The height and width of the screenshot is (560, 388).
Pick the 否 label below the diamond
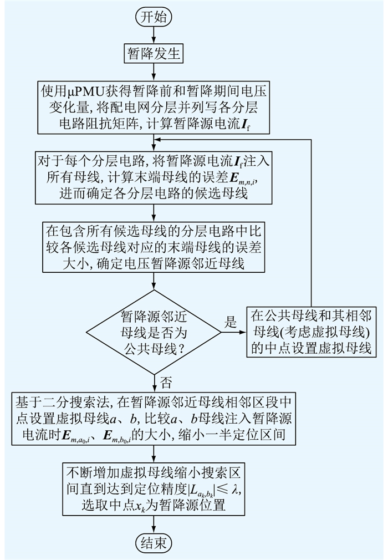point(165,382)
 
